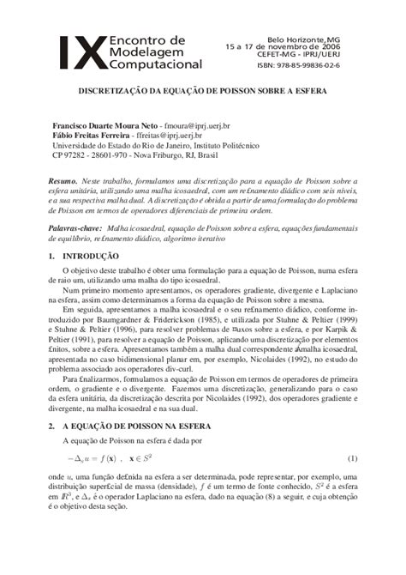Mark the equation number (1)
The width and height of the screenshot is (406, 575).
point(351,460)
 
